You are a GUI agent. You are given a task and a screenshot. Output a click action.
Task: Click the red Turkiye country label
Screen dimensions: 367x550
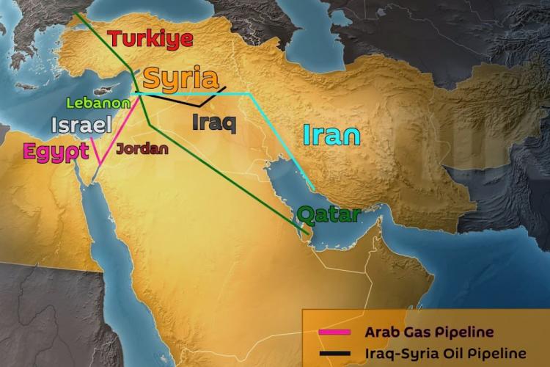(150, 39)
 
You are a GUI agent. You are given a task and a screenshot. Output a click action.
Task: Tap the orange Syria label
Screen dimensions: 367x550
(180, 79)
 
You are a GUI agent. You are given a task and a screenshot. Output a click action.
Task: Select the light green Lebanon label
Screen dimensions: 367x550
(98, 103)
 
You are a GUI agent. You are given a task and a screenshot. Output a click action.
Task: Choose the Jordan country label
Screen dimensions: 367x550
(142, 148)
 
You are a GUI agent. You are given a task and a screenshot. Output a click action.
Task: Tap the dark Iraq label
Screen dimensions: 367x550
(213, 122)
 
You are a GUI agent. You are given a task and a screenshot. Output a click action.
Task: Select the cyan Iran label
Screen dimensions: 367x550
(331, 135)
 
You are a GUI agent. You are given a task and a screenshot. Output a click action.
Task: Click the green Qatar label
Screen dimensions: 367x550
(329, 215)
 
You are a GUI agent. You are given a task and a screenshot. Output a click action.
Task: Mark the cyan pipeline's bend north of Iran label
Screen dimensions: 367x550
(251, 95)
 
